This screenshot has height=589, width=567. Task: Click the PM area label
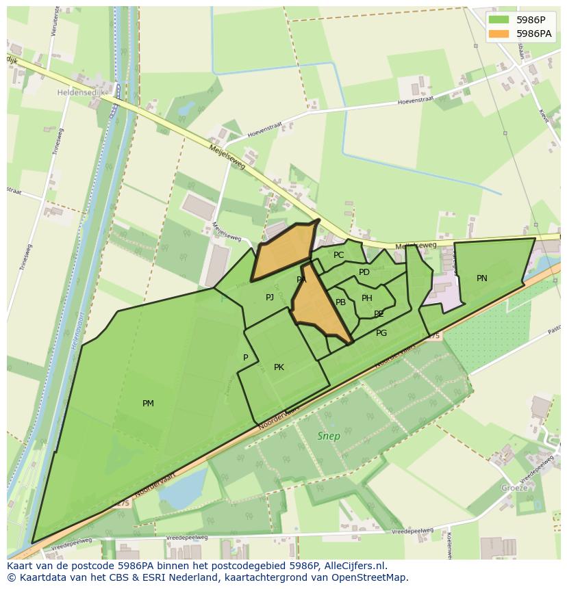148,404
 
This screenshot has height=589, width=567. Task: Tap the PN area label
482,278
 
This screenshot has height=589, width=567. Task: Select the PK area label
279,367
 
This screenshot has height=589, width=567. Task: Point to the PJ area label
270,297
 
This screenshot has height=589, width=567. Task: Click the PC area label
338,255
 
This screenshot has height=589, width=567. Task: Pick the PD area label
364,272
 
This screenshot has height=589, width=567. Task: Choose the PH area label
367,298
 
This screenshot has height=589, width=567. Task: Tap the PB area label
340,302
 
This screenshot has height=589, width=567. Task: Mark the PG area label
381,333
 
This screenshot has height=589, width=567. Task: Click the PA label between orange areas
301,280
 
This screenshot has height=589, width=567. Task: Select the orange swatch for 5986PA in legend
499,33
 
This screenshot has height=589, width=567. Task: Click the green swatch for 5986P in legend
499,19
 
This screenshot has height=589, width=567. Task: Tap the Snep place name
329,436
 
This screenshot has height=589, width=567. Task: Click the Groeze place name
514,488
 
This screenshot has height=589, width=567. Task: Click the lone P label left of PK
245,358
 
